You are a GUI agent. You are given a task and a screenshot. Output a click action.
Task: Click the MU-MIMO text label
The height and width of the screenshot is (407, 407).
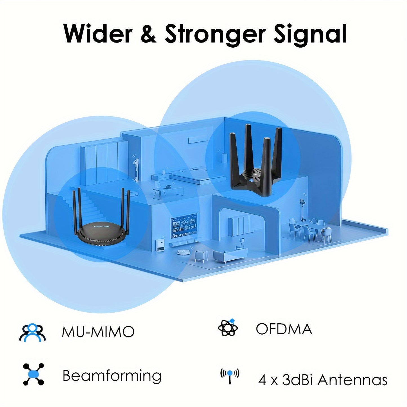[x=98, y=332]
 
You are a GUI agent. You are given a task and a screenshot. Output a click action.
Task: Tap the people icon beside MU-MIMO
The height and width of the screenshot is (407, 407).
[x=32, y=333]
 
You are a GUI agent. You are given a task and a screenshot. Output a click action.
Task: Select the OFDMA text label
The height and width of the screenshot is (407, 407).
[x=284, y=329]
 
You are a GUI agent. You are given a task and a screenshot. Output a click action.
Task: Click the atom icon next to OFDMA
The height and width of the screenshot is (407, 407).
[x=228, y=328]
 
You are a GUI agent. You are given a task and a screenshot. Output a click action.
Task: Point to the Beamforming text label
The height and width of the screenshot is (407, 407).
[x=112, y=376]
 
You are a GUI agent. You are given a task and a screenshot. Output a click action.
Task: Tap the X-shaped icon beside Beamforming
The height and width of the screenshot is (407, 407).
[x=34, y=374]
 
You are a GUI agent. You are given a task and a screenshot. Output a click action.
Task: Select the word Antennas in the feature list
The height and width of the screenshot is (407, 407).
[x=352, y=380]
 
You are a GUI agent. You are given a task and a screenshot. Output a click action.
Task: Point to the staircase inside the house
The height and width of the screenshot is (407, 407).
[x=84, y=206]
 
